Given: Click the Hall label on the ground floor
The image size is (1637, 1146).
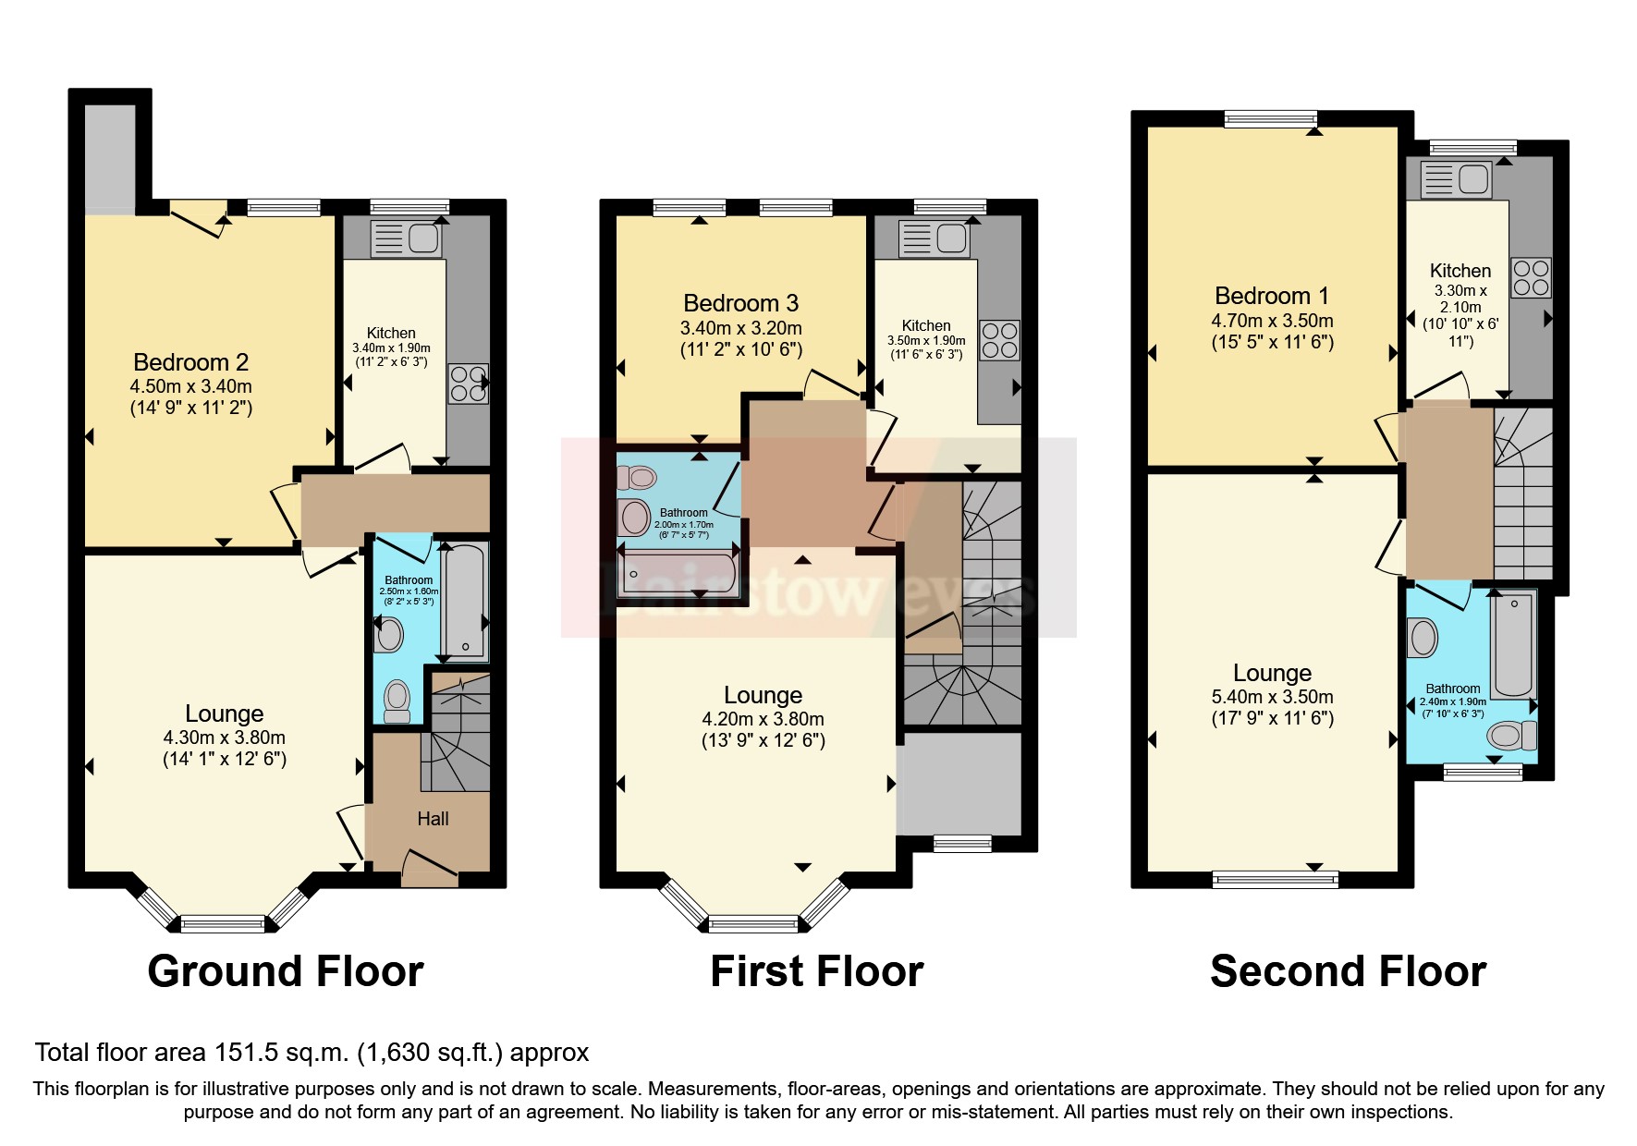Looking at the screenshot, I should pyautogui.click(x=433, y=819).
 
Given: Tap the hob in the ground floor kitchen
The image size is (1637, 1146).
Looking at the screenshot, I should pyautogui.click(x=468, y=384).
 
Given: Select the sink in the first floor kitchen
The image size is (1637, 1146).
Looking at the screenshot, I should pyautogui.click(x=935, y=238).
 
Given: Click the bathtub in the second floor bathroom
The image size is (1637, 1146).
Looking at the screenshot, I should pyautogui.click(x=1513, y=645).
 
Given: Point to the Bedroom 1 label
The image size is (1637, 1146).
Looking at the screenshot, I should pyautogui.click(x=1271, y=296).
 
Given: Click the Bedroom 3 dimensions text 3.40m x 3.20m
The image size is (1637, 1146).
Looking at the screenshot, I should pyautogui.click(x=740, y=328).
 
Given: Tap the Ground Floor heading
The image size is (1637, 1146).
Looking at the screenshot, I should pyautogui.click(x=286, y=971).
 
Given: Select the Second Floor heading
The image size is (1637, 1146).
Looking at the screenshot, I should pyautogui.click(x=1348, y=971).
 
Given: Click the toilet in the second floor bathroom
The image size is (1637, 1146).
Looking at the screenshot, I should pyautogui.click(x=1510, y=736).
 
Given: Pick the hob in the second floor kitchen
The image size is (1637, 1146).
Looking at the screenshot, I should pyautogui.click(x=1531, y=277).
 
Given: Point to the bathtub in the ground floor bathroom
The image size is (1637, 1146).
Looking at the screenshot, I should pyautogui.click(x=464, y=600).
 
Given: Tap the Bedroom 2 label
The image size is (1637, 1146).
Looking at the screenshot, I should pyautogui.click(x=190, y=362).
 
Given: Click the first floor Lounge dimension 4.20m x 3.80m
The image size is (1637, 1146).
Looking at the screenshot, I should pyautogui.click(x=763, y=719).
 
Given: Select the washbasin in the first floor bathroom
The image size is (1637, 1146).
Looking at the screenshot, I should pyautogui.click(x=635, y=517).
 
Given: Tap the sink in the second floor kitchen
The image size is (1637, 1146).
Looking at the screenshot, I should pyautogui.click(x=1457, y=179).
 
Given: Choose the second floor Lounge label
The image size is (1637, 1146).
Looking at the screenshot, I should pyautogui.click(x=1272, y=673).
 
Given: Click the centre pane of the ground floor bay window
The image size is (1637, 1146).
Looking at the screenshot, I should pyautogui.click(x=223, y=922).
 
